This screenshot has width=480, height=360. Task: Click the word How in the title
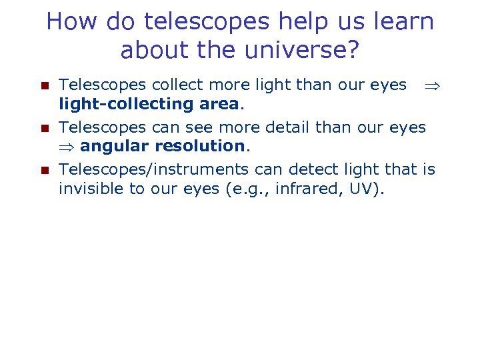(69, 22)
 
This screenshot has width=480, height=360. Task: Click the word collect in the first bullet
(175, 85)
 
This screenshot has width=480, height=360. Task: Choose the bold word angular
(115, 146)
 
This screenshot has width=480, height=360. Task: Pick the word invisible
(91, 189)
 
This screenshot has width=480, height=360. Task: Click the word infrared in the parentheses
(312, 189)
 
